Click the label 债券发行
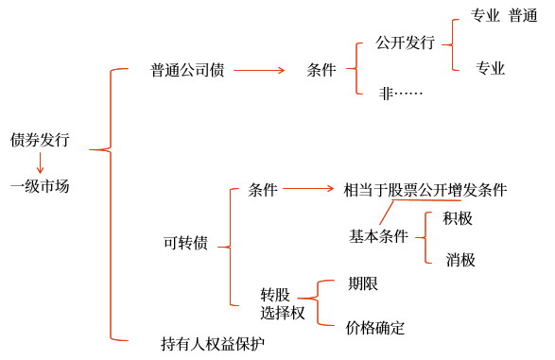[x=40, y=140]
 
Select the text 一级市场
[x=40, y=186]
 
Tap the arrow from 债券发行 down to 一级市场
[x=40, y=163]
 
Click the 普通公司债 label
[x=187, y=70]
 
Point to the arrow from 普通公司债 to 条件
[x=259, y=70]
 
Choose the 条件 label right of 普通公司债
[x=321, y=70]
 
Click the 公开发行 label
[x=405, y=43]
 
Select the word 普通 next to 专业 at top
[x=523, y=15]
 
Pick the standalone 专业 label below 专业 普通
[x=490, y=68]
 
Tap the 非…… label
[x=401, y=94]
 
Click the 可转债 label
[x=185, y=243]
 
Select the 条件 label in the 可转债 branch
[x=263, y=190]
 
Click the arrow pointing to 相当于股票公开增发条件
[x=308, y=188]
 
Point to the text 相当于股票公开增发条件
[x=425, y=190]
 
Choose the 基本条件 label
[x=378, y=236]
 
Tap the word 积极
[x=458, y=218]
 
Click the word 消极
[x=460, y=260]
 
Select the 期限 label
[x=363, y=283]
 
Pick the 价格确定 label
[x=374, y=328]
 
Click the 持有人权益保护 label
[x=213, y=343]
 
